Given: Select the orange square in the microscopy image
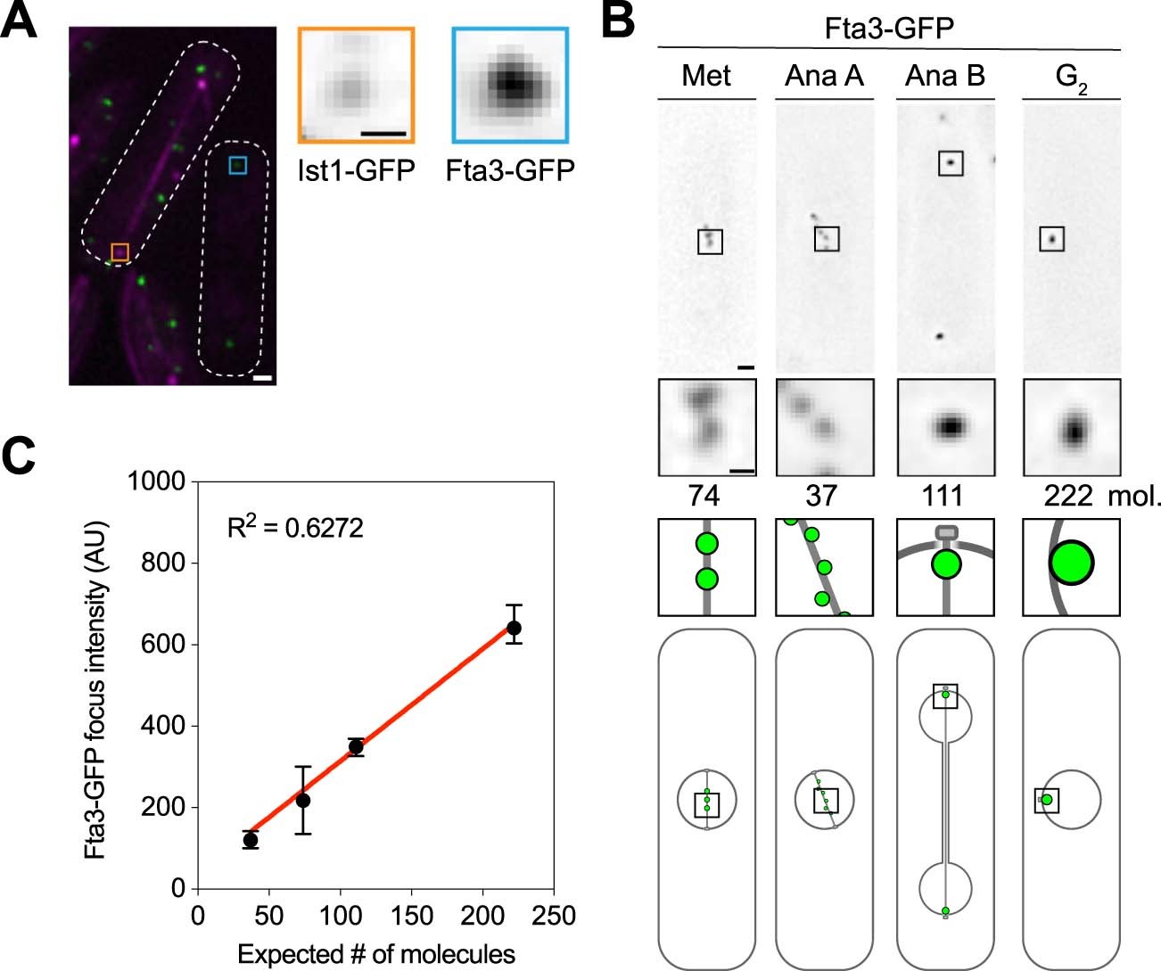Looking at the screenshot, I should point(119,252).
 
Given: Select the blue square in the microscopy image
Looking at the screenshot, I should point(236,165).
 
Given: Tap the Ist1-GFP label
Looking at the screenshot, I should point(356,170).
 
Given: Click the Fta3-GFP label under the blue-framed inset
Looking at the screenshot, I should point(509,170).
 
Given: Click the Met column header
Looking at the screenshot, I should point(705,76).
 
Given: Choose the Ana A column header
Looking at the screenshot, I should point(824,76).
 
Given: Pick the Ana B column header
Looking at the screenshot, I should point(944,76).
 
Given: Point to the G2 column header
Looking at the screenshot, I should point(1070,78).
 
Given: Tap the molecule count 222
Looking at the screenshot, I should point(1067,496).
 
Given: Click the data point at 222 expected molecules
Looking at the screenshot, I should point(514,628).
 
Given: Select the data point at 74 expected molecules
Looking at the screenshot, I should point(303,800).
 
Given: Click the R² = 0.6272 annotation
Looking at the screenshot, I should point(295,528).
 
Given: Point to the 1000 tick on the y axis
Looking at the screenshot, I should point(156,481).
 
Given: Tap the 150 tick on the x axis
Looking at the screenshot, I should point(410,916).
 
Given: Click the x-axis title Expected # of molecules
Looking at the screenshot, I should point(375,954).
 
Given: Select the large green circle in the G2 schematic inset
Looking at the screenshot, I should point(1070,564).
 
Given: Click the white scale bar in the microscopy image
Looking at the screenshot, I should point(262,378).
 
